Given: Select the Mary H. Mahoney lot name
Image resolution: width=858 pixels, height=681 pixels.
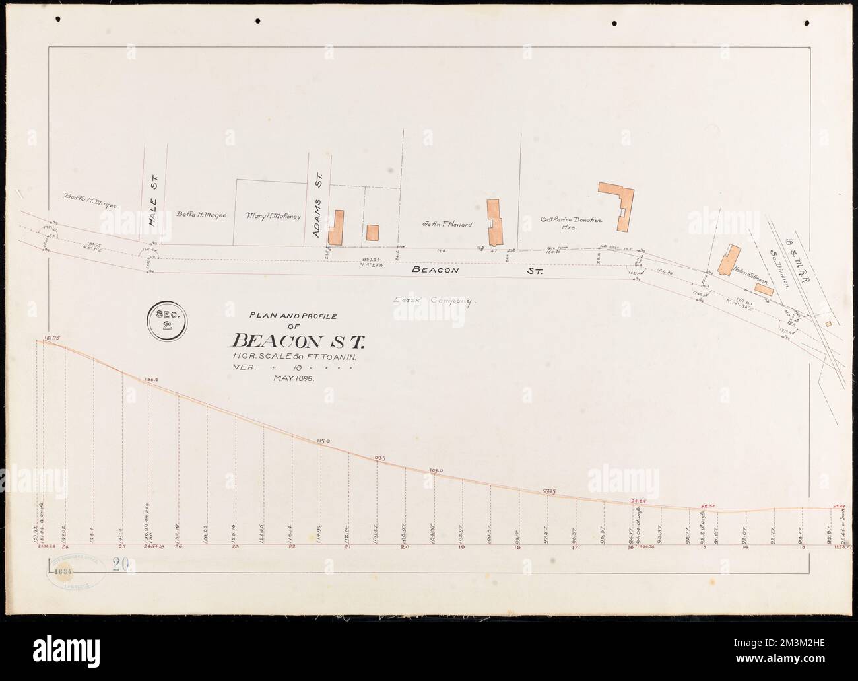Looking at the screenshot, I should tap(273, 216).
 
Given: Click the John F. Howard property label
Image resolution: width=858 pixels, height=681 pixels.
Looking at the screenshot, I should tap(447, 225).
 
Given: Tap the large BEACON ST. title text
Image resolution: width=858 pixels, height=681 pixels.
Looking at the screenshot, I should tap(299, 341).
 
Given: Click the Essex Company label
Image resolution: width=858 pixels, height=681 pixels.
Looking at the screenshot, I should tap(435, 301).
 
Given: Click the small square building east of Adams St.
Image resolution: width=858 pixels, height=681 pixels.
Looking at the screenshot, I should tap(373, 233).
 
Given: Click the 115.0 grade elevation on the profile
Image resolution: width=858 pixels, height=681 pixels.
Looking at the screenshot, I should tap(323, 440).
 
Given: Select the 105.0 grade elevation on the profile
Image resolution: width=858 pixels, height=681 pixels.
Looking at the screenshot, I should tap(435, 470).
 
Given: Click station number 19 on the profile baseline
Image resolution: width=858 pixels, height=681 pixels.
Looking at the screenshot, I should tap(461, 548).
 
